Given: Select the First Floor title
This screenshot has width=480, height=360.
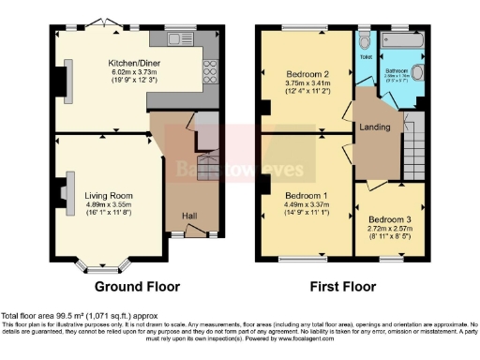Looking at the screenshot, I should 344,286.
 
